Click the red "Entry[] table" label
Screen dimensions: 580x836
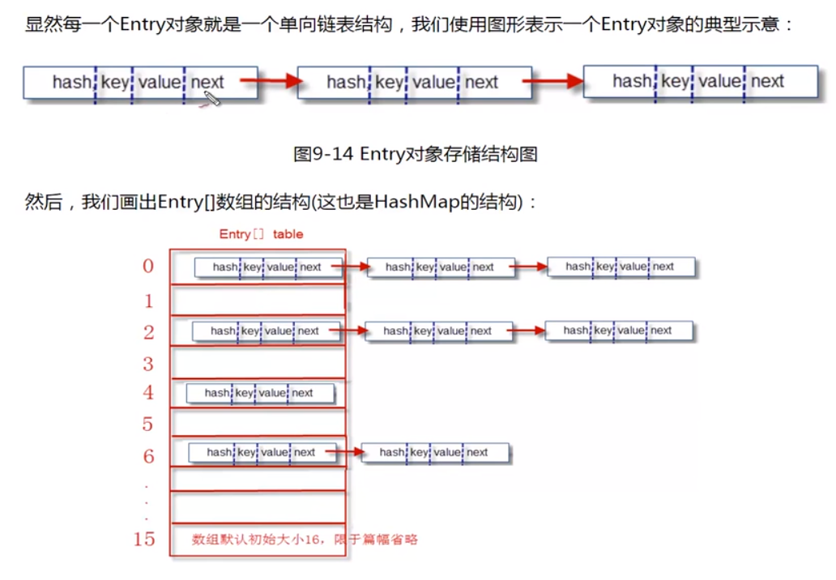pos(261,234)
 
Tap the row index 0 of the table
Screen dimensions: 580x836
pos(148,266)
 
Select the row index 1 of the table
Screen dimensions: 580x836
pos(148,301)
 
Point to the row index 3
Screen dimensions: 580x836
pos(148,363)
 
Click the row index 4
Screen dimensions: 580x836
pos(148,393)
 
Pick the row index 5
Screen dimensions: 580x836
pos(148,424)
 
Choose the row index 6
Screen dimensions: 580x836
pos(148,456)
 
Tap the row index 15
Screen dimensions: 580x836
pos(144,538)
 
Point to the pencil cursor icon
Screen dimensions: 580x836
pos(211,99)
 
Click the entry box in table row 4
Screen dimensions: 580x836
pos(260,393)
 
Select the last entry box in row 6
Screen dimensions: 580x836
pos(435,453)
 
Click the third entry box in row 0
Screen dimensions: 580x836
pos(621,267)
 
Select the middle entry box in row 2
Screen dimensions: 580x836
pos(438,331)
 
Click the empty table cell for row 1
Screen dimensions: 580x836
pos(258,301)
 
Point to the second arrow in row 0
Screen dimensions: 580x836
pos(531,267)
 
